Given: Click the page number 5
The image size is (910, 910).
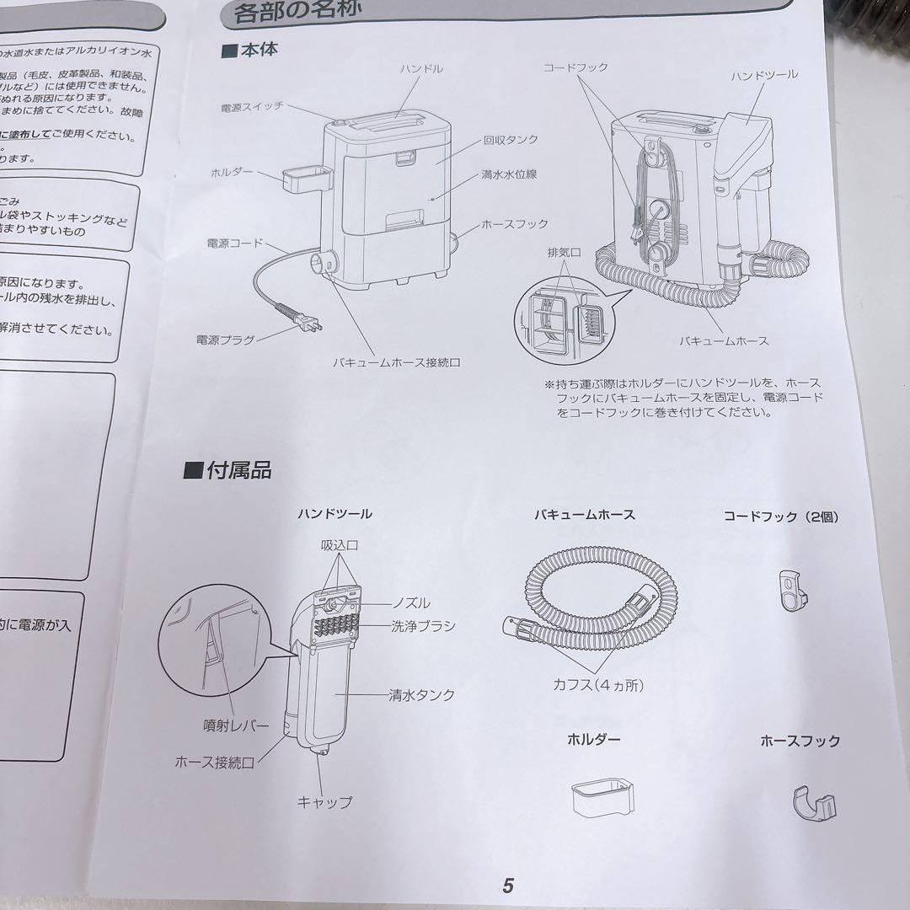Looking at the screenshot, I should [x=507, y=886].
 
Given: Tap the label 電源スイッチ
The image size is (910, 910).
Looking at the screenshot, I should [x=252, y=107].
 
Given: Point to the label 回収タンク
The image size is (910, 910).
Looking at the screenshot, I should [x=511, y=140].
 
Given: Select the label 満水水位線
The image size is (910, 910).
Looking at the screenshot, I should [x=509, y=174].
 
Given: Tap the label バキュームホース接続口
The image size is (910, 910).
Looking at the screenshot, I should [x=397, y=362].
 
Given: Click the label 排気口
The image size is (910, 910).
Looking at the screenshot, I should [x=559, y=252].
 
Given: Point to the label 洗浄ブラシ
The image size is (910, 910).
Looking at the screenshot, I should [x=423, y=625].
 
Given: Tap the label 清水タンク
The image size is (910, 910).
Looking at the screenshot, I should [x=421, y=695].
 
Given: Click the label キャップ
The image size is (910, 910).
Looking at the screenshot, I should [x=324, y=802].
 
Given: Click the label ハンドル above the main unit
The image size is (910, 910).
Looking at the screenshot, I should [x=421, y=69].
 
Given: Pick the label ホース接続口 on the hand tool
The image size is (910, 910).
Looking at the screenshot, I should [x=214, y=762].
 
